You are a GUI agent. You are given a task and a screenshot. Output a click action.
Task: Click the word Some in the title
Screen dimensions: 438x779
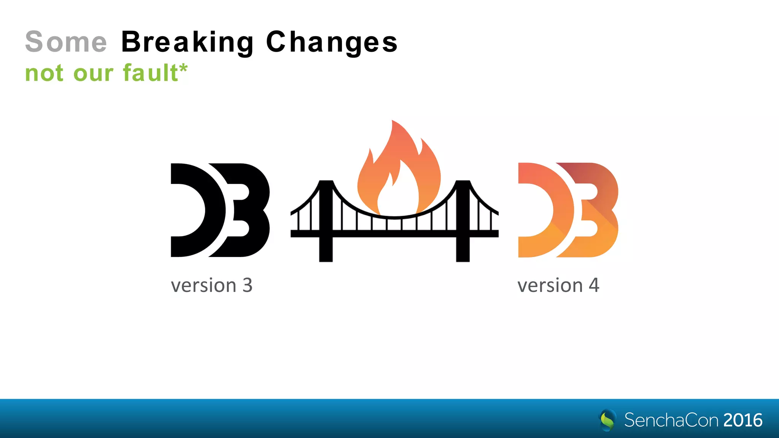pyautogui.click(x=66, y=42)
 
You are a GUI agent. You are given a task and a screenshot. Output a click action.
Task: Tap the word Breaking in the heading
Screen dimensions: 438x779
pyautogui.click(x=188, y=43)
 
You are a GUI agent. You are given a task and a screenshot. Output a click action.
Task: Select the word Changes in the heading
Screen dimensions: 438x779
pyautogui.click(x=332, y=43)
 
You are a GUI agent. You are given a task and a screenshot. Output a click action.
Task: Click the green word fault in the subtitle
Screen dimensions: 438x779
pyautogui.click(x=150, y=73)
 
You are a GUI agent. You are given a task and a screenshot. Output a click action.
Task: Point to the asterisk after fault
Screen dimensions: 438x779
pyautogui.click(x=183, y=68)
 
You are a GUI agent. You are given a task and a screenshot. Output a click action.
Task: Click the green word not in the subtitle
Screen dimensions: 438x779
pyautogui.click(x=44, y=73)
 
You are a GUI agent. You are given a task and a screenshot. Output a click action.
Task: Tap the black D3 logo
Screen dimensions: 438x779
pyautogui.click(x=220, y=210)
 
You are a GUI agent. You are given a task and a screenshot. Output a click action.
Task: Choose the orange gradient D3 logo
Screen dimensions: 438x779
pyautogui.click(x=568, y=210)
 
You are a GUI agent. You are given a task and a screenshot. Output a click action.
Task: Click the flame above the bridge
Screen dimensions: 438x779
pyautogui.click(x=399, y=163)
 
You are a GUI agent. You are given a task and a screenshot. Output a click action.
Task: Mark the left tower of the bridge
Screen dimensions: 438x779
pyautogui.click(x=326, y=221)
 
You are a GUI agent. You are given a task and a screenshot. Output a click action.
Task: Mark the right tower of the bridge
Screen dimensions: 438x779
pyautogui.click(x=463, y=221)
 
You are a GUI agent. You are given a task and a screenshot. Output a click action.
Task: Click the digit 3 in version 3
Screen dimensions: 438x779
pyautogui.click(x=248, y=285)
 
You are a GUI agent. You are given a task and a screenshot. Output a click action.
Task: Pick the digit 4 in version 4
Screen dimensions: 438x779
pyautogui.click(x=594, y=285)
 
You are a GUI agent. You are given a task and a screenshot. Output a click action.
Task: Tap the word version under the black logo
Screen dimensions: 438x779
pyautogui.click(x=204, y=286)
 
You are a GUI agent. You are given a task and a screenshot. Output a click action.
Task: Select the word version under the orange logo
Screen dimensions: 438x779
pyautogui.click(x=550, y=286)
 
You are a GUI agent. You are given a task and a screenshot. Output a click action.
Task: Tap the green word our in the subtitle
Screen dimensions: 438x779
pyautogui.click(x=93, y=73)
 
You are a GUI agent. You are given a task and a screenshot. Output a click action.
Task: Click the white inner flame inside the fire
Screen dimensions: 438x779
pyautogui.click(x=397, y=194)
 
